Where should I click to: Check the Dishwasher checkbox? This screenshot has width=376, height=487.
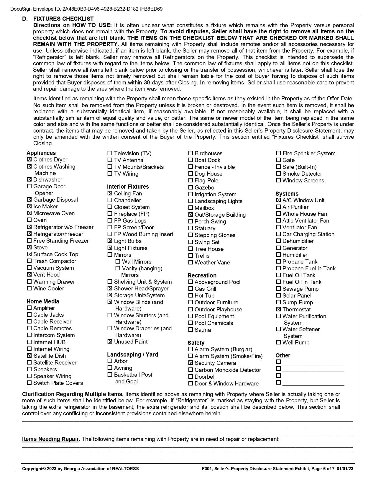coord(29,179)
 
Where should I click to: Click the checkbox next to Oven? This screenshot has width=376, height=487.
coord(29,220)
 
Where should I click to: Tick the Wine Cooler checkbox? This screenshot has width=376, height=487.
coord(29,288)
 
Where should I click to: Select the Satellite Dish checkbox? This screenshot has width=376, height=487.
coord(29,356)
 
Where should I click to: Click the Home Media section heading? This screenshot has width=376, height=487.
coord(43,301)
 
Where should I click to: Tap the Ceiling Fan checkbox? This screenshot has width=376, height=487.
coord(110,193)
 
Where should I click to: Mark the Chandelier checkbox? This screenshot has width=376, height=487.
coord(110,200)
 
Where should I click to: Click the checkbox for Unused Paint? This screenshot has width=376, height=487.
coord(110,341)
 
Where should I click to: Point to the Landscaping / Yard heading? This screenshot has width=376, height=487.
coord(132,354)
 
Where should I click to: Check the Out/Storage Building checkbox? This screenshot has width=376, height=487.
coord(191,215)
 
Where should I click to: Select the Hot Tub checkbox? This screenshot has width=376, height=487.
coord(191,295)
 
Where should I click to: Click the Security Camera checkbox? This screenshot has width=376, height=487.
coord(191,363)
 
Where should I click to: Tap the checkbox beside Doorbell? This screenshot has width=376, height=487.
coord(191,377)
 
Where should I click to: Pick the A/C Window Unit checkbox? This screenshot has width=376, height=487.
coord(278,200)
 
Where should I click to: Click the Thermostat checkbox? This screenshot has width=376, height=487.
coord(278,309)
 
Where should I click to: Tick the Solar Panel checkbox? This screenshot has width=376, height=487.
coord(278,295)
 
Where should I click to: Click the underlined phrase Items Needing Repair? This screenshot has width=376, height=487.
coord(50,439)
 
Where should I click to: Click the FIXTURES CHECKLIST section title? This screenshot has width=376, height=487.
coord(63,19)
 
